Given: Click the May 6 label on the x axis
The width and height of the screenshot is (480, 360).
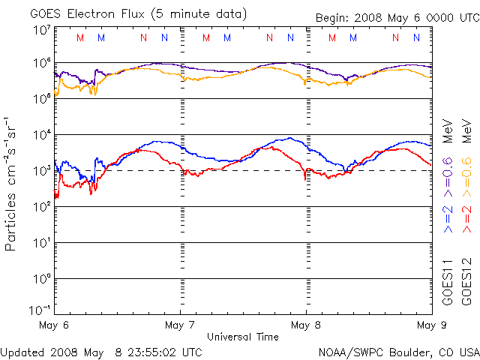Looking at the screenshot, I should coord(54,325).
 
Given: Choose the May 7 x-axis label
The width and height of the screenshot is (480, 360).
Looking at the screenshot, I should coord(180,325).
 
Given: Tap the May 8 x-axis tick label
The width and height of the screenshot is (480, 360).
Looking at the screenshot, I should coord(306,325).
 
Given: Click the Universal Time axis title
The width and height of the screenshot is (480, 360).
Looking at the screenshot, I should coord(242,337).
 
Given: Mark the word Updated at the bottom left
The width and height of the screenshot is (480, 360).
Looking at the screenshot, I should coord(22,352).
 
